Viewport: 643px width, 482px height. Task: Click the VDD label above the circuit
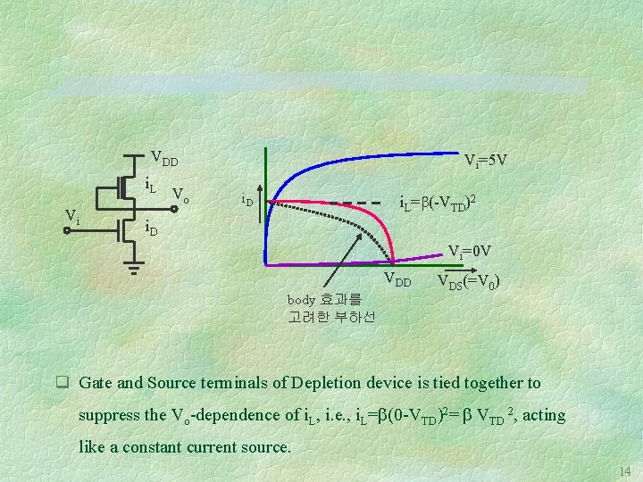[x=163, y=160]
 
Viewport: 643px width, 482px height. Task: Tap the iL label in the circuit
[x=151, y=185]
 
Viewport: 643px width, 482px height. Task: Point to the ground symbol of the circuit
[x=134, y=265]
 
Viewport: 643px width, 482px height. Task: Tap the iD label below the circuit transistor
[x=151, y=230]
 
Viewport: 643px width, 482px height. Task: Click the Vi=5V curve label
[x=486, y=161]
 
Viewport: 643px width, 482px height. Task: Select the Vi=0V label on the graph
[x=470, y=251]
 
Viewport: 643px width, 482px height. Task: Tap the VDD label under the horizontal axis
[x=397, y=281]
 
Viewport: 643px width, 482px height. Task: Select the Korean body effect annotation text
[x=331, y=308]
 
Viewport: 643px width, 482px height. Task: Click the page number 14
[x=623, y=470]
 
